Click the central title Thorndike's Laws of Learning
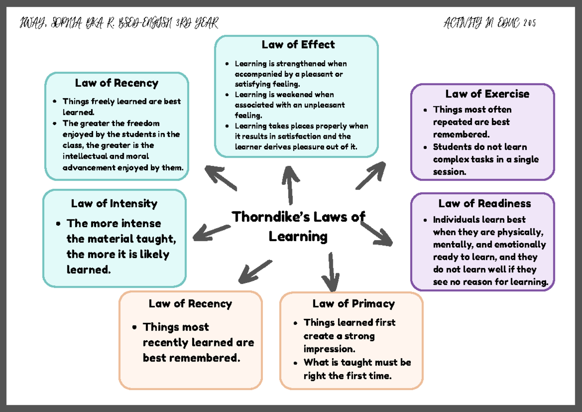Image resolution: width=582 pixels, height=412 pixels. [x=298, y=226]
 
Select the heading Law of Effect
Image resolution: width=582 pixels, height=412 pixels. [x=298, y=45]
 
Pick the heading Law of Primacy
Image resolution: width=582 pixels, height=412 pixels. [x=353, y=304]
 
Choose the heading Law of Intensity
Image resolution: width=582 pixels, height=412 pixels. [x=114, y=203]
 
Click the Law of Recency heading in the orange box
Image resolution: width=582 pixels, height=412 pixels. [x=190, y=304]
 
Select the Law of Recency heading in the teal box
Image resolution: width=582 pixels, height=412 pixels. [x=116, y=83]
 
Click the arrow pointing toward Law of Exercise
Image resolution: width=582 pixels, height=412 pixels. [x=371, y=176]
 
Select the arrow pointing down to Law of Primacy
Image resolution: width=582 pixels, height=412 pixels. [x=332, y=272]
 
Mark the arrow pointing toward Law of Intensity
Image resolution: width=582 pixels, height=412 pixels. [x=211, y=232]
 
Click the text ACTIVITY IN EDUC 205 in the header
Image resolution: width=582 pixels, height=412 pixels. [x=489, y=23]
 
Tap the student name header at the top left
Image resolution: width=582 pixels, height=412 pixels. [x=119, y=23]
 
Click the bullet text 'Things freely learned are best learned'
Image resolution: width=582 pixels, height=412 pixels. [x=121, y=106]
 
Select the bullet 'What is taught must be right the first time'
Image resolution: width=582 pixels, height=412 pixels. [x=357, y=369]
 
